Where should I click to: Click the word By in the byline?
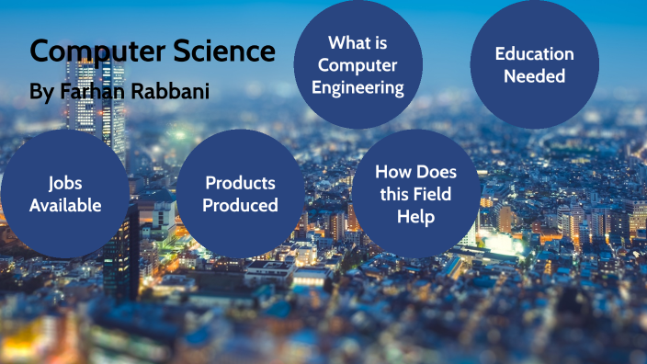pyautogui.click(x=42, y=94)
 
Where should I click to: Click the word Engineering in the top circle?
pyautogui.click(x=358, y=88)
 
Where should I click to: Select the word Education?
pyautogui.click(x=534, y=54)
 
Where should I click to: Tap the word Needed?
pyautogui.click(x=534, y=76)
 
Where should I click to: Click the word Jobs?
pyautogui.click(x=64, y=182)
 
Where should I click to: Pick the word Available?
pyautogui.click(x=64, y=205)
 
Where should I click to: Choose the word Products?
pyautogui.click(x=240, y=182)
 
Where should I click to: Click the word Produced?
pyautogui.click(x=240, y=205)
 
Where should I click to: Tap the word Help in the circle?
pyautogui.click(x=415, y=216)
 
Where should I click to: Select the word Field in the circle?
pyautogui.click(x=433, y=194)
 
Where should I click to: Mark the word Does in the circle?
pyautogui.click(x=436, y=172)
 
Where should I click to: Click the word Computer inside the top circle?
pyautogui.click(x=358, y=65)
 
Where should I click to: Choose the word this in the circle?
pyautogui.click(x=395, y=194)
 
